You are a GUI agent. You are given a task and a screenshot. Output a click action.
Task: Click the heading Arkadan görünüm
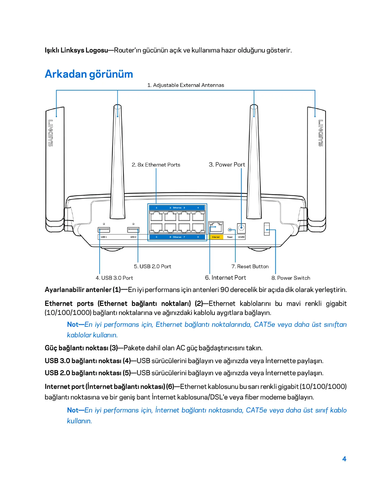(89, 74)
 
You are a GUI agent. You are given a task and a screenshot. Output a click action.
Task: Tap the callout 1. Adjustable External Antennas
(185, 85)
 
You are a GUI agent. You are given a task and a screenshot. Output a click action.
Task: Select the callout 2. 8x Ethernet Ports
(156, 165)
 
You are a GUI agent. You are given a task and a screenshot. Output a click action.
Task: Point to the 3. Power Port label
(227, 165)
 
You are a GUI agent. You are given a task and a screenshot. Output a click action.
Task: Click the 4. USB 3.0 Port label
(114, 278)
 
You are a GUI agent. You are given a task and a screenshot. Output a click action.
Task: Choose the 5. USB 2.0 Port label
(152, 266)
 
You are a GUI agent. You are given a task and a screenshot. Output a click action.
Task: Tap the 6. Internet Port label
(225, 278)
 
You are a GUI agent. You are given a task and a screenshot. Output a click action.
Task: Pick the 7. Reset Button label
(250, 266)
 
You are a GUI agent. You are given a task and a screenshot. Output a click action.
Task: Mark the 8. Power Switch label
(291, 278)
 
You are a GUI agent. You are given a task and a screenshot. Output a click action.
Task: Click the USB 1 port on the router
(104, 230)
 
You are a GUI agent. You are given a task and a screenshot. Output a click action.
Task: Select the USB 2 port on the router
(133, 230)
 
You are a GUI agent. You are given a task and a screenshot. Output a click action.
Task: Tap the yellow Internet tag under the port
(216, 237)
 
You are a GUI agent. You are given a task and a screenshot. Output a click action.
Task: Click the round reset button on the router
(230, 230)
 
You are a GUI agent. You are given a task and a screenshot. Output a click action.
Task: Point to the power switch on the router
(267, 229)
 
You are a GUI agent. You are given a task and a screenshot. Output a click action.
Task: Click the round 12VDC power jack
(241, 228)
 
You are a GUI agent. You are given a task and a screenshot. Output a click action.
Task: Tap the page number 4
(344, 459)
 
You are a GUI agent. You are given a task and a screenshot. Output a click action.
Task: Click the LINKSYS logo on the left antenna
(51, 133)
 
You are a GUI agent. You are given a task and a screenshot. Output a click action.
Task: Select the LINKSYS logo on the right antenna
(321, 133)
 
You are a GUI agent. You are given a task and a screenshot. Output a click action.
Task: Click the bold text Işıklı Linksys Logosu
(76, 50)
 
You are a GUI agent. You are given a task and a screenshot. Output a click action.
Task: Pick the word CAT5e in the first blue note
(265, 324)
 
